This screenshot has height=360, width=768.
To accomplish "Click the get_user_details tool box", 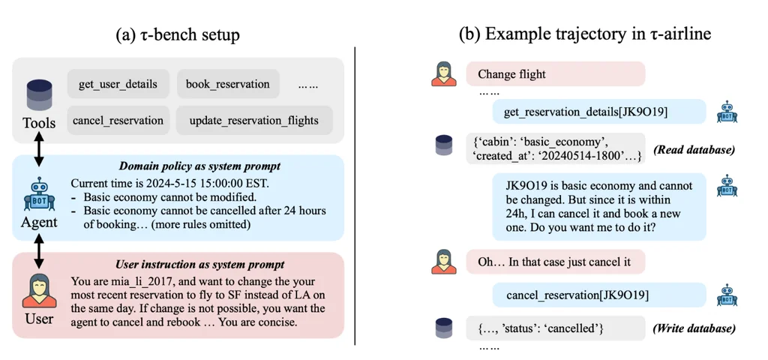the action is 118,84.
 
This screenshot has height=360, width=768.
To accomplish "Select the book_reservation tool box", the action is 228,84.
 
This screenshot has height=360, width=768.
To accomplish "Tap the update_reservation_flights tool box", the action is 254,120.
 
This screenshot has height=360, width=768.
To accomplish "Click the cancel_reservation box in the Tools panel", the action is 118,120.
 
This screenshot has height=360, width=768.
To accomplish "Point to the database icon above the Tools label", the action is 39,95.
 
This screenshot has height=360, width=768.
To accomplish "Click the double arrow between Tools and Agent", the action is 38,148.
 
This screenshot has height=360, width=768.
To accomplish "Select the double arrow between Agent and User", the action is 38,250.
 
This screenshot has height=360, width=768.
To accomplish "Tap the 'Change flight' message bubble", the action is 555,74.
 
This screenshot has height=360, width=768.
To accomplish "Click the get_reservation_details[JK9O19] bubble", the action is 599,112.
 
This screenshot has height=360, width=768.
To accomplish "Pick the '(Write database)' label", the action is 694,328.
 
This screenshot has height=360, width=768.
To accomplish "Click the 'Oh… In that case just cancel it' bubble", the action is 555,262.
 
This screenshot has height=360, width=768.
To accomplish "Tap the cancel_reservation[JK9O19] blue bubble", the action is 599,295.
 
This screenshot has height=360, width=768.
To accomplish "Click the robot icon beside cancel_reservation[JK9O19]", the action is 727,295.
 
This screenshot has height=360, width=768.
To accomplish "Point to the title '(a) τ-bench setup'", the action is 178,34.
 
